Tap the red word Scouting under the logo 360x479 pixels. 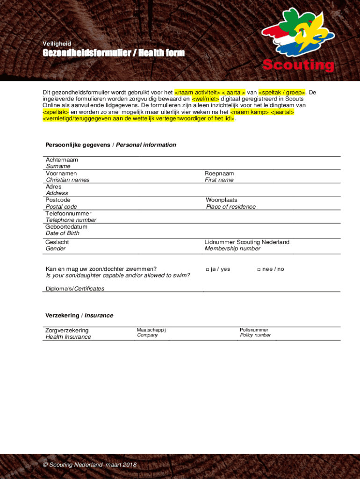tap(298, 65)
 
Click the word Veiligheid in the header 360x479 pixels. tap(57, 44)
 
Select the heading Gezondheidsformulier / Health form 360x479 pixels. tap(114, 53)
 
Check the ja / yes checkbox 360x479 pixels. tap(207, 269)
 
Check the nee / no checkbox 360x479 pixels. tap(259, 269)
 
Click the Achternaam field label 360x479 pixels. tap(62, 160)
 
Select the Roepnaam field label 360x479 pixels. tap(219, 174)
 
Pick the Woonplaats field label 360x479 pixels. tap(222, 200)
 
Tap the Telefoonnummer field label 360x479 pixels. tap(68, 213)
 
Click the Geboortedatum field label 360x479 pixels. tap(66, 227)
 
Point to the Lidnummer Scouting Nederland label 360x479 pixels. tap(247, 242)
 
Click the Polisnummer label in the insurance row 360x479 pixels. tap(254, 330)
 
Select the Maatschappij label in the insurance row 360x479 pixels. tap(151, 330)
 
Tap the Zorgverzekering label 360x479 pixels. tap(67, 331)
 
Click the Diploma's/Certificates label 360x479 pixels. tap(75, 289)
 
